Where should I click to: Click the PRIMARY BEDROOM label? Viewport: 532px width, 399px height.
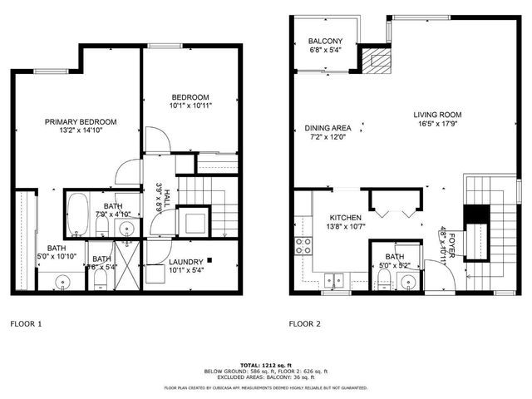coord(81,121)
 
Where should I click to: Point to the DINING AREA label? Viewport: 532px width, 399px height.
coord(328,128)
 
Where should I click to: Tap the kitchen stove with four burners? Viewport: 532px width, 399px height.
coord(303,245)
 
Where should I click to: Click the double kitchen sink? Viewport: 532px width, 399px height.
coord(336,280)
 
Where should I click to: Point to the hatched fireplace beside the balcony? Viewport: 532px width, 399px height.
coord(379,60)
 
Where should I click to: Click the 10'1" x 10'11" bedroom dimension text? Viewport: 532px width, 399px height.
coord(179,106)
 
